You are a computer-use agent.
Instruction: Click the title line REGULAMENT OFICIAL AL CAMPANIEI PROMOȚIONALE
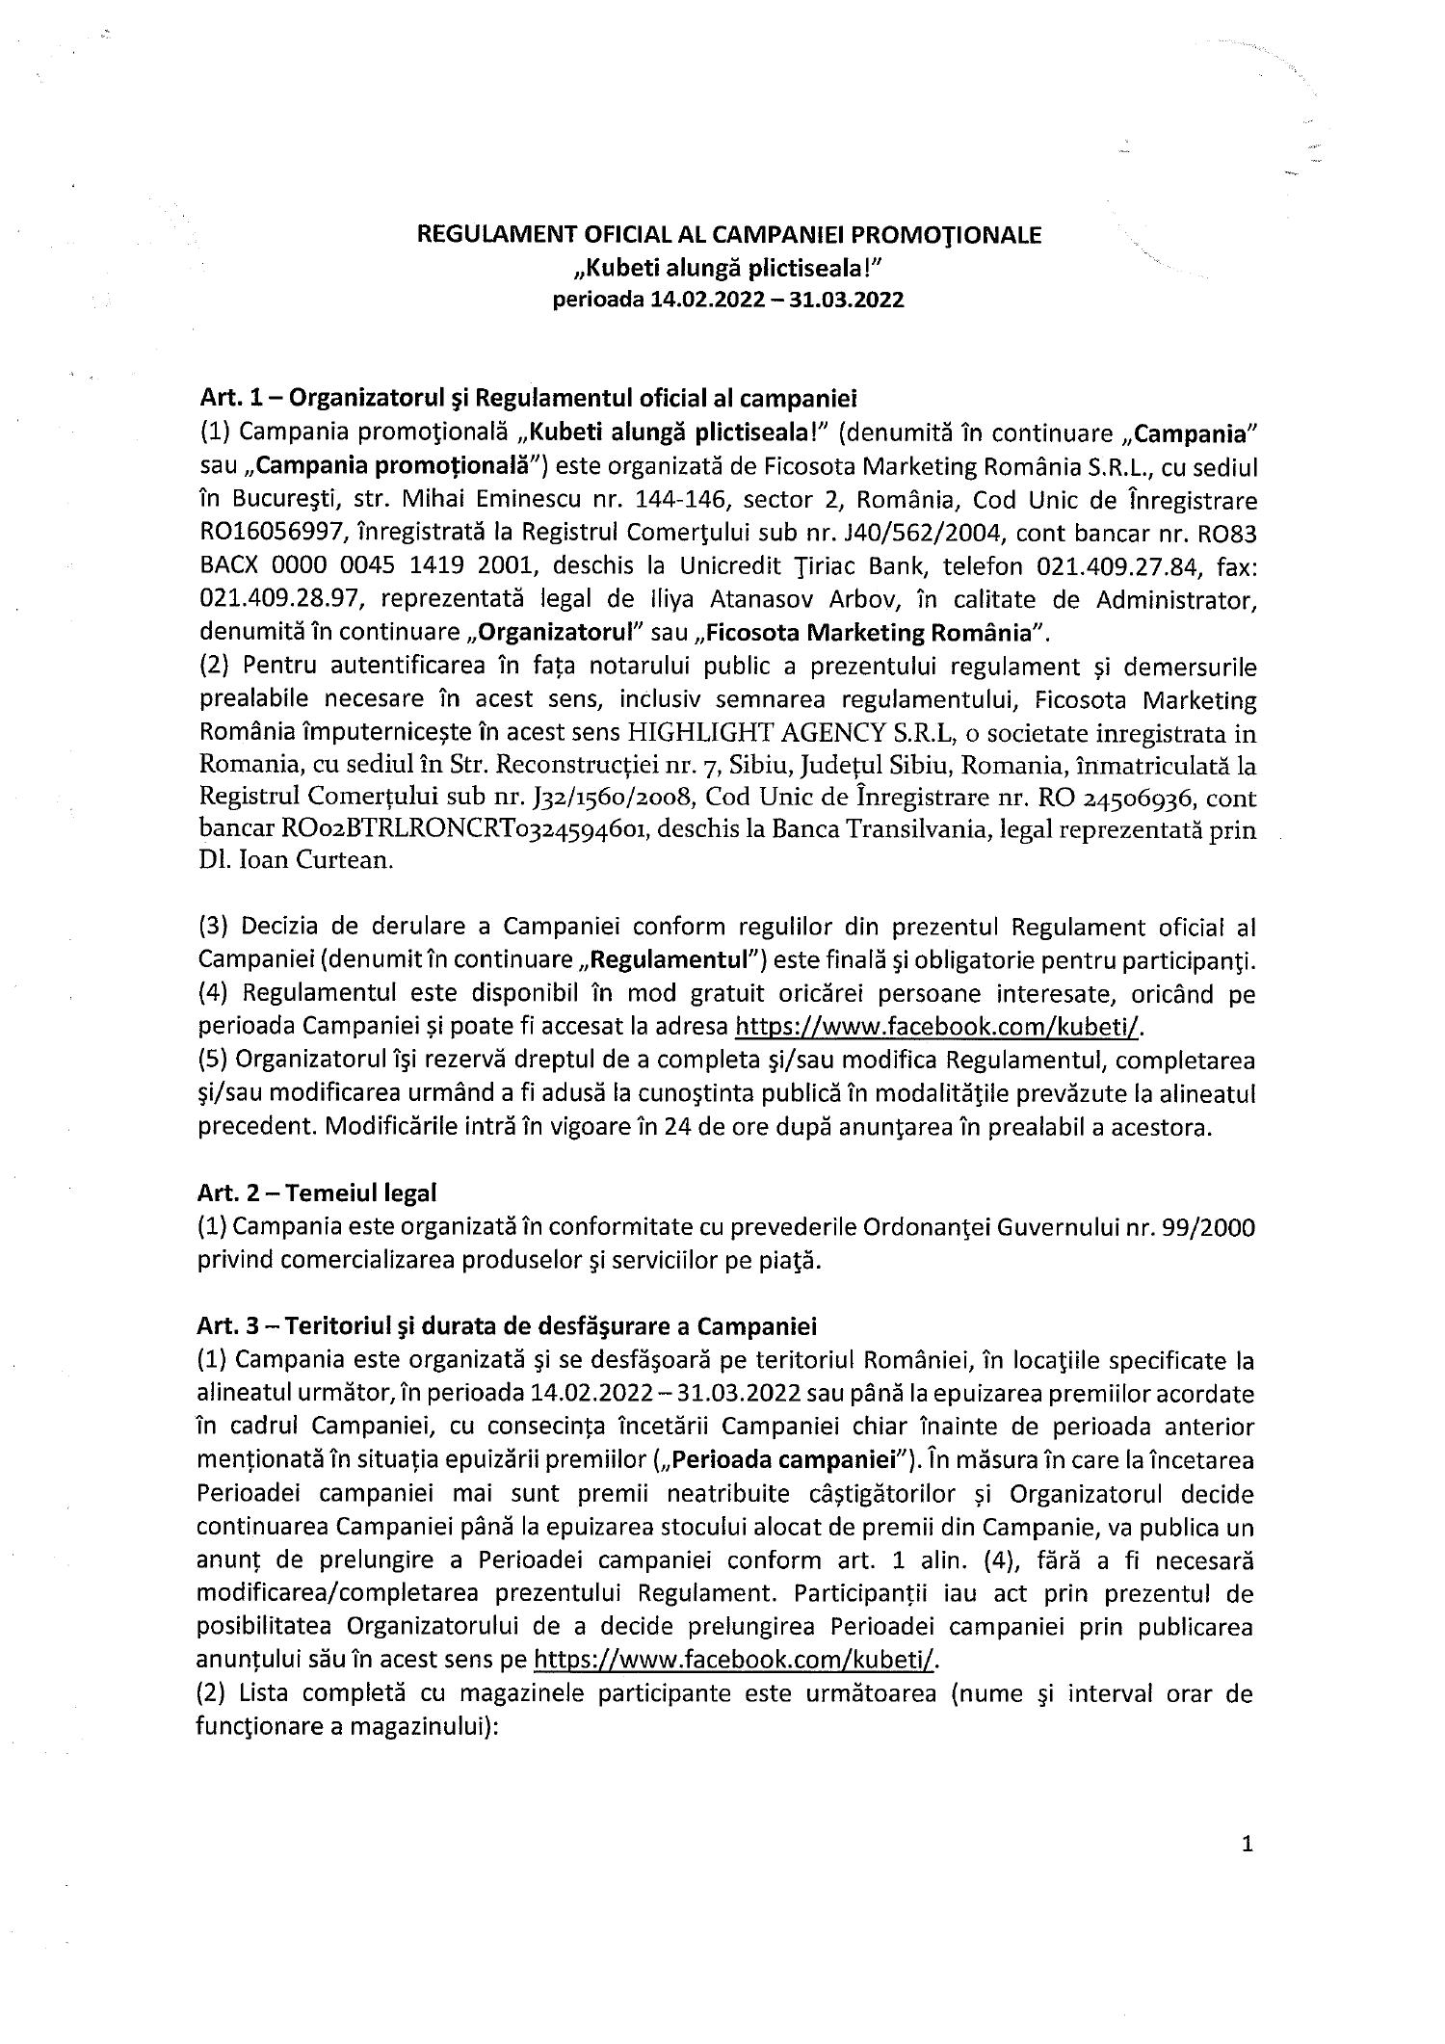[727, 234]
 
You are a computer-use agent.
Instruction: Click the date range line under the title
[727, 300]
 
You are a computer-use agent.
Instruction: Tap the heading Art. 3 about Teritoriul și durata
[507, 1326]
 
